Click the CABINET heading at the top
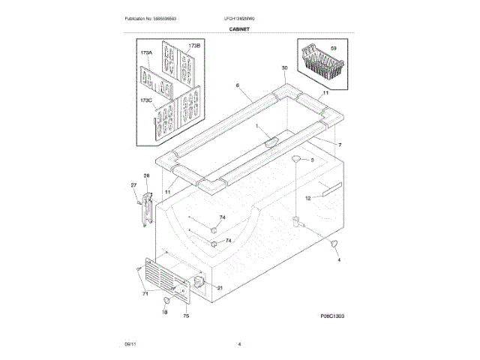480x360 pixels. point(240,28)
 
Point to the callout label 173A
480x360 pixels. point(145,53)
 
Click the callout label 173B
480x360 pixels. point(194,46)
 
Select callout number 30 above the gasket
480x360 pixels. point(284,68)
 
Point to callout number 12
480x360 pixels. point(307,198)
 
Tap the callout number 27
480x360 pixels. point(134,184)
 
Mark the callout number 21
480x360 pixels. point(220,288)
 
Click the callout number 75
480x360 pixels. point(186,316)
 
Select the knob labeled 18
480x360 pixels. point(163,301)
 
